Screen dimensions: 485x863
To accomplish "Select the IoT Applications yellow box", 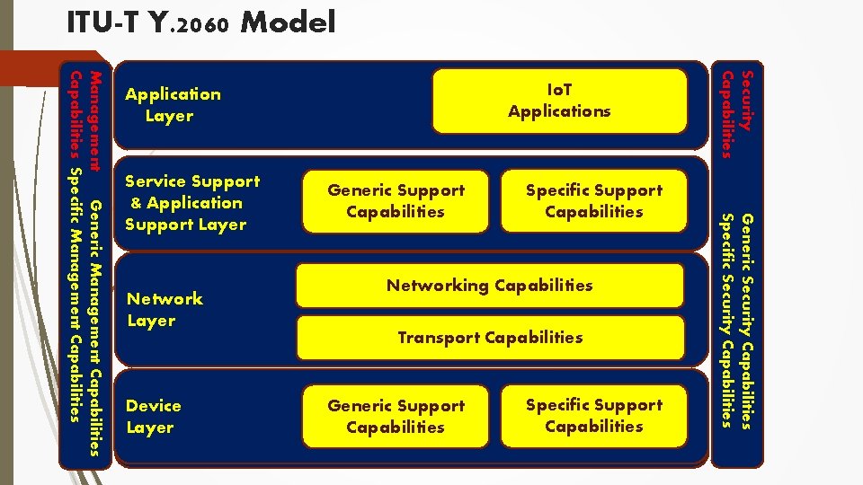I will tap(559, 101).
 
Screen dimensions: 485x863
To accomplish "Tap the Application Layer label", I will tap(173, 105).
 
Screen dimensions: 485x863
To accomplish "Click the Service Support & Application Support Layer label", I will tap(191, 203).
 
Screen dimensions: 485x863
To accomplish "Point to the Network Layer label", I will tap(165, 309).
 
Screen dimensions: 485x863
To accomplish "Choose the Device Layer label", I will tap(153, 417).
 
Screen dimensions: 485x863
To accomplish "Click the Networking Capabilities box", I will tap(490, 286).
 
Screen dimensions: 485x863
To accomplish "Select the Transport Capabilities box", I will tap(490, 338).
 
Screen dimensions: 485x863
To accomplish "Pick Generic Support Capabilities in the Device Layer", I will tap(396, 417).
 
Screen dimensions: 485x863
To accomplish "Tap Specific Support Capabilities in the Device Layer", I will tap(594, 416).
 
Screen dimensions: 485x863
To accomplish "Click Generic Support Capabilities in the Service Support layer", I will tap(396, 201).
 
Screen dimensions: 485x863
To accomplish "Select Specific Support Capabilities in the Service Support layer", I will tap(594, 201).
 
